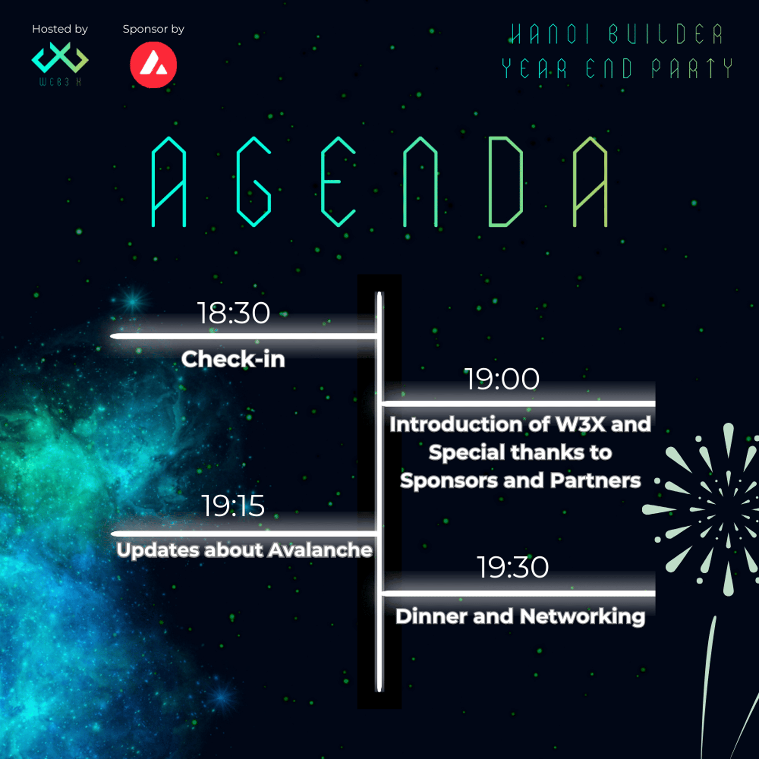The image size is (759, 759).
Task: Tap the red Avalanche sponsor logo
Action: [x=153, y=65]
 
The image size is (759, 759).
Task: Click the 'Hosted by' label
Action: [x=60, y=29]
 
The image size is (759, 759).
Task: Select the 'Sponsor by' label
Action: [x=153, y=29]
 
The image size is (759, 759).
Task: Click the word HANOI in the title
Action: [x=549, y=34]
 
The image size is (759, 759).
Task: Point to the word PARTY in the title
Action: [x=692, y=69]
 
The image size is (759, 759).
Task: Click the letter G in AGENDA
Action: [x=254, y=182]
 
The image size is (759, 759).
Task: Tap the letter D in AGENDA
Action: [x=506, y=182]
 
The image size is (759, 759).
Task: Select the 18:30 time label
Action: [x=233, y=313]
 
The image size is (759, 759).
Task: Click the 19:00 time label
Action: [x=502, y=379]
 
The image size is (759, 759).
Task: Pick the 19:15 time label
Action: [x=233, y=506]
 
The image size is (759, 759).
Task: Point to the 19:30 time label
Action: [x=512, y=567]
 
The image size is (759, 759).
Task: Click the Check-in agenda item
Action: [x=233, y=359]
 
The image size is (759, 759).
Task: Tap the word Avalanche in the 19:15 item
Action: [x=320, y=550]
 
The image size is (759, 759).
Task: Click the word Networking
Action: [x=583, y=617]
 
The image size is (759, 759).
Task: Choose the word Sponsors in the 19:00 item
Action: [x=449, y=481]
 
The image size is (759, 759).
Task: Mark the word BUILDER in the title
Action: [x=666, y=34]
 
